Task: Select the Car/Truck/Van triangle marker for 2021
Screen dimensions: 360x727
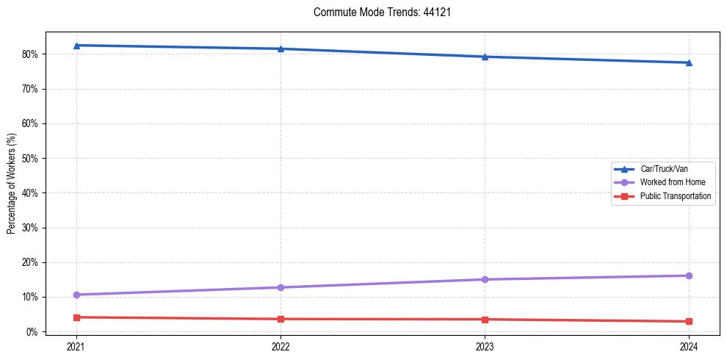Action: point(76,46)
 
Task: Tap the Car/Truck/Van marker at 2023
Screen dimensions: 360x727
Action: point(485,57)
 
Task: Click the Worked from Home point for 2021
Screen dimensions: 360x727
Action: point(76,295)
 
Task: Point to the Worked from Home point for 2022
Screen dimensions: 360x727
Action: point(281,287)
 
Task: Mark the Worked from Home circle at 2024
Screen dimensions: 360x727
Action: point(689,276)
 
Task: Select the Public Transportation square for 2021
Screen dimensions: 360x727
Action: point(76,317)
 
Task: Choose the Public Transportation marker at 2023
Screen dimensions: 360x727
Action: point(485,320)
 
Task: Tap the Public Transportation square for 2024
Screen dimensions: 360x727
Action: point(689,321)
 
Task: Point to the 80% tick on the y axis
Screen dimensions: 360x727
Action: point(30,54)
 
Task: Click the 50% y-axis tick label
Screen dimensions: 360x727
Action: point(30,159)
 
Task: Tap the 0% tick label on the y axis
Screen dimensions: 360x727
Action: point(32,332)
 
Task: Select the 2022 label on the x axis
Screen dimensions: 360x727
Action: point(281,345)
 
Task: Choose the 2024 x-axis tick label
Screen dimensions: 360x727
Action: point(689,345)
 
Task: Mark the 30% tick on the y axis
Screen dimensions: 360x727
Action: point(30,228)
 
